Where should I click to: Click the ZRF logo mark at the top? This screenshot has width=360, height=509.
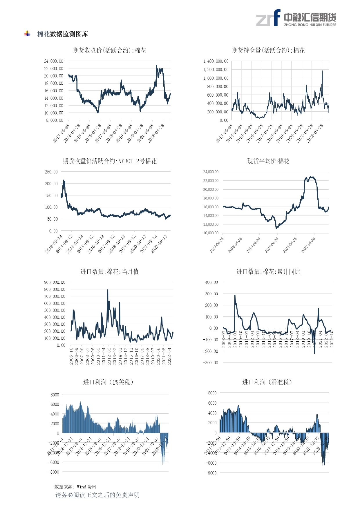(x=268, y=18)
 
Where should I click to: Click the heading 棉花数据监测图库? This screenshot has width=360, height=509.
(x=62, y=34)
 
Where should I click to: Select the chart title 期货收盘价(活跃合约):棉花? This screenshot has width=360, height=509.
(x=109, y=50)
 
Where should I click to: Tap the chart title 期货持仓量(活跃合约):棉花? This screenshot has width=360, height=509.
(x=268, y=50)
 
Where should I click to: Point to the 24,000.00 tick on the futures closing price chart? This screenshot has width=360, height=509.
(x=54, y=61)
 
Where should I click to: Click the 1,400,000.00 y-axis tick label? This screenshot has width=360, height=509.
(x=216, y=61)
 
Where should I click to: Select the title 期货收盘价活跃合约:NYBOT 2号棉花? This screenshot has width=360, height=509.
(x=110, y=161)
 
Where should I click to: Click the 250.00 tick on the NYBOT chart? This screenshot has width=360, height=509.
(x=51, y=172)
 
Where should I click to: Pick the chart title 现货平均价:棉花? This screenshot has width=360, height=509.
(x=268, y=161)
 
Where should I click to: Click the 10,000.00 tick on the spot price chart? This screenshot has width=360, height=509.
(x=211, y=233)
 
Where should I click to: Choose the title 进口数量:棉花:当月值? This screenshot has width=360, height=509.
(x=110, y=272)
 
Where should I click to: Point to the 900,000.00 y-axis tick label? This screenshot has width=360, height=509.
(x=55, y=282)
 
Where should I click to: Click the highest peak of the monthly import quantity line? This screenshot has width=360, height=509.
(x=108, y=290)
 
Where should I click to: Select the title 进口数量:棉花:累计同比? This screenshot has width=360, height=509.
(x=268, y=272)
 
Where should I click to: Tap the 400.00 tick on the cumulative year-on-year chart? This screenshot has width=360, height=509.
(x=211, y=282)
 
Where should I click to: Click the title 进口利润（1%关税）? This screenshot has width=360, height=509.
(x=108, y=382)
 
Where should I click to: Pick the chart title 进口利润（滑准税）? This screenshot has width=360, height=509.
(x=267, y=382)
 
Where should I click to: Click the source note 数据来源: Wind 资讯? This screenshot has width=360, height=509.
(x=75, y=487)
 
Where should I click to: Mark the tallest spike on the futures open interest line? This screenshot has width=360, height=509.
(x=322, y=71)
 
